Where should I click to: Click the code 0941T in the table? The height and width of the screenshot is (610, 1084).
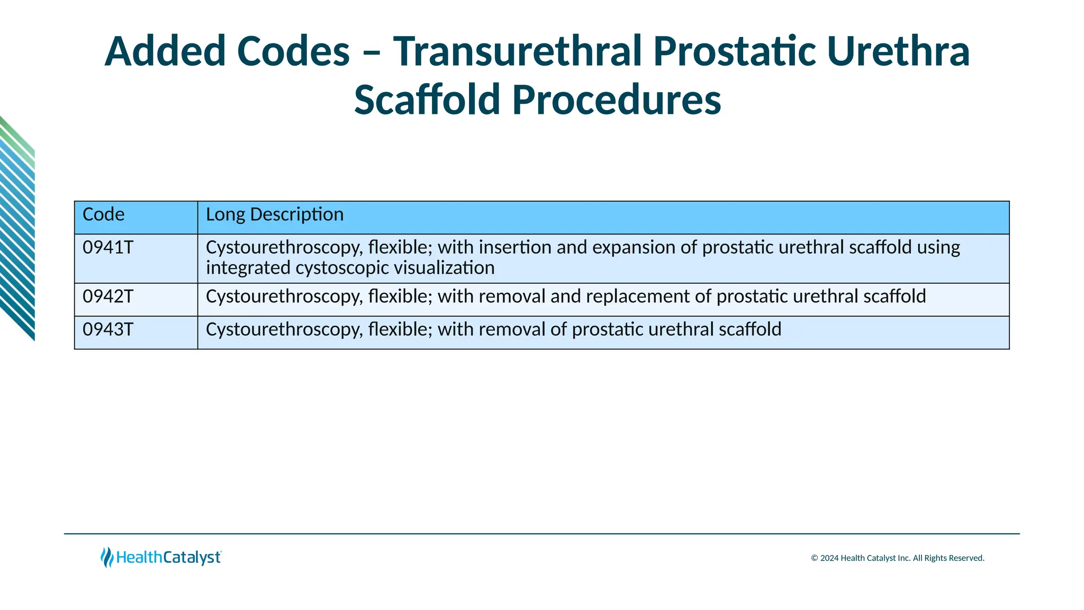pyautogui.click(x=108, y=248)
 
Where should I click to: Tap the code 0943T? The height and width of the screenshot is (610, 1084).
pyautogui.click(x=108, y=330)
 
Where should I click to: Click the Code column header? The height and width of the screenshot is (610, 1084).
pyautogui.click(x=104, y=214)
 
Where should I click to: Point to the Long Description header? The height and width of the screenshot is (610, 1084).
pyautogui.click(x=275, y=214)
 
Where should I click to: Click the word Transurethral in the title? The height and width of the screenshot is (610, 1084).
pyautogui.click(x=517, y=51)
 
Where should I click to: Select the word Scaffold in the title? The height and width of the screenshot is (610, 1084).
pyautogui.click(x=427, y=100)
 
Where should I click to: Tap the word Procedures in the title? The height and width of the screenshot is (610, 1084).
pyautogui.click(x=617, y=100)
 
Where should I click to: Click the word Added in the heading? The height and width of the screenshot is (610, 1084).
pyautogui.click(x=165, y=51)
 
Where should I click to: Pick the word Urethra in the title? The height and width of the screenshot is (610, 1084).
pyautogui.click(x=898, y=51)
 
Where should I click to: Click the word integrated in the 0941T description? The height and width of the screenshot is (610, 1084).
pyautogui.click(x=248, y=268)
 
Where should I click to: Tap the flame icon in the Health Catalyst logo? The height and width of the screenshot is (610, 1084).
pyautogui.click(x=107, y=557)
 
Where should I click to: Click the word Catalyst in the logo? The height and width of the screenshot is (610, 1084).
pyautogui.click(x=192, y=558)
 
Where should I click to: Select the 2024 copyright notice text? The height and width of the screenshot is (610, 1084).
pyautogui.click(x=898, y=558)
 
